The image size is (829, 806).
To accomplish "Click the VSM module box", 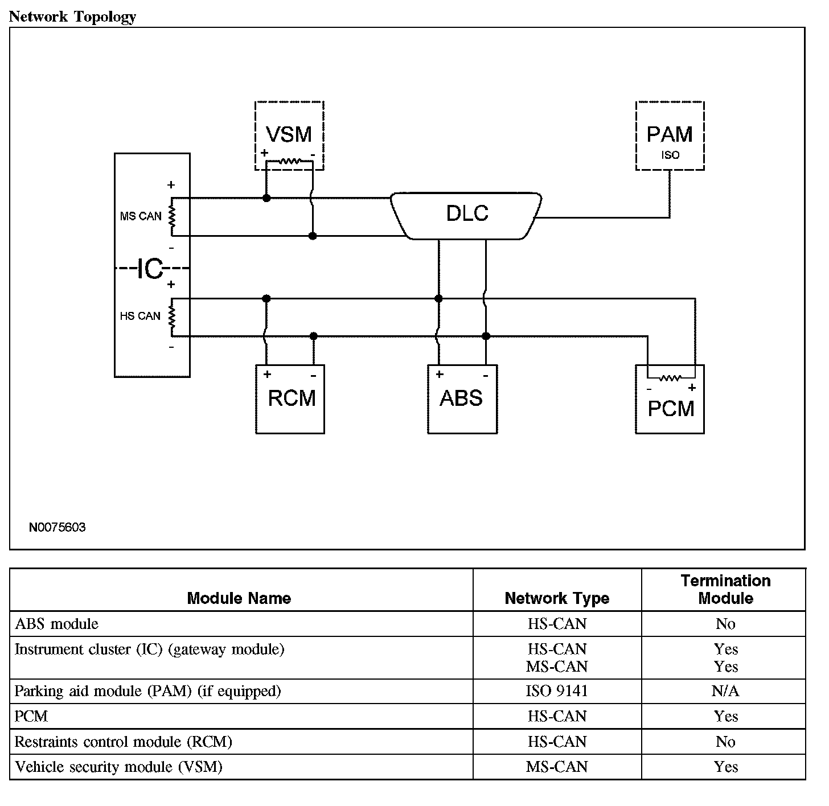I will point(289,135).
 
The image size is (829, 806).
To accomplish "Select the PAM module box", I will point(670,135).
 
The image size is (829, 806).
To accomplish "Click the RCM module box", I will point(290,399).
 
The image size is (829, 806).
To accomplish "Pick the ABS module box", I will point(462,399).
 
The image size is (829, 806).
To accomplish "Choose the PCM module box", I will point(670,408).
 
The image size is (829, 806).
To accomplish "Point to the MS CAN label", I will point(141,216).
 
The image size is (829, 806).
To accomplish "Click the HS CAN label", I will point(140,316).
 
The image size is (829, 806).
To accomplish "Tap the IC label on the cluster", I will point(150,269).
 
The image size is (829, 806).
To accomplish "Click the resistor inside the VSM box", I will point(289,162).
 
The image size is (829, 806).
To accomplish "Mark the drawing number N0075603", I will point(57,527).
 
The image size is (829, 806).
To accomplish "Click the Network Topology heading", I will point(73,17).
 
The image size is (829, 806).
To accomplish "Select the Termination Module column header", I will point(725,589).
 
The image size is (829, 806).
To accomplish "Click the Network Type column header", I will point(557,598).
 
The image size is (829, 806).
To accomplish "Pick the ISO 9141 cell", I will point(557,691).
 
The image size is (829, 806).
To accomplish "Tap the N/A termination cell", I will point(725,691).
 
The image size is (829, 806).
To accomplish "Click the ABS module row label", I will point(56,624).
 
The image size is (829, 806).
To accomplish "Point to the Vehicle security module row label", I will point(118,767).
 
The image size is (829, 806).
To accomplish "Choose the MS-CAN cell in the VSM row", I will point(557,767).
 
